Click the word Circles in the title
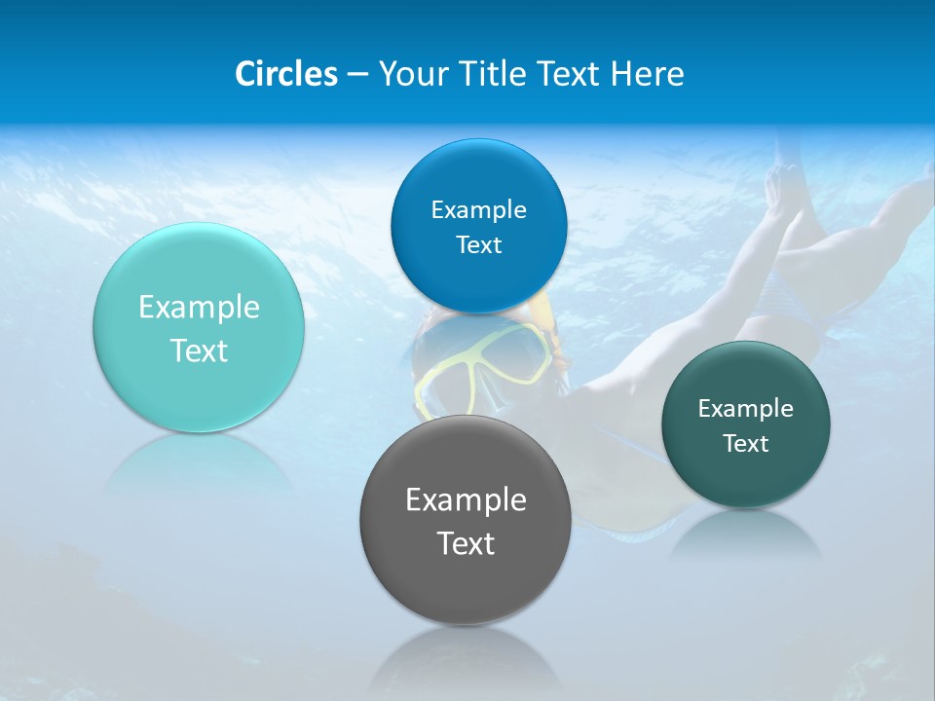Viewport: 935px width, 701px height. point(286,73)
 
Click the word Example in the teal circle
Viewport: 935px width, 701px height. point(199,308)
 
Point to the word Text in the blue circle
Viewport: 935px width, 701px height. point(478,244)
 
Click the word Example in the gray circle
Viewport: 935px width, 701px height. point(466,500)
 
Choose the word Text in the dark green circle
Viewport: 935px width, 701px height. point(746,443)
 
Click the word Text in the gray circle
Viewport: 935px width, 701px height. point(466,543)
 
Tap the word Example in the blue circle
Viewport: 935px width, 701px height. point(478,209)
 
